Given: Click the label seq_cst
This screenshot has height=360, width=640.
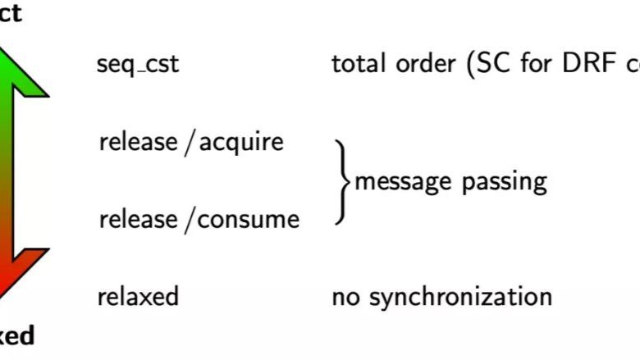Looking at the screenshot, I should pos(138,65).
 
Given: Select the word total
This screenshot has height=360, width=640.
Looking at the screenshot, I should pos(359,64).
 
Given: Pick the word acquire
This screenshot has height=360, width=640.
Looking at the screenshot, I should pos(241,143).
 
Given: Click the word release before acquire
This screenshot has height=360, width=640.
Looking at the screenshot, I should pos(138,142).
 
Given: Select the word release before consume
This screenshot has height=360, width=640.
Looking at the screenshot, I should pos(138,219).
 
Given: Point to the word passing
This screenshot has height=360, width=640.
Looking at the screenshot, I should pos(503,181).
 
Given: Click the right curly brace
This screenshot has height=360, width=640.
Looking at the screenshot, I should pos(341,181).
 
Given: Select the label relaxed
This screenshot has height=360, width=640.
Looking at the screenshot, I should pos(138,295).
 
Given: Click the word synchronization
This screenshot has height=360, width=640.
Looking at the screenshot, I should pos(460,296).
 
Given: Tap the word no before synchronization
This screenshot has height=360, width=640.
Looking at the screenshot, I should pos(345,296).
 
